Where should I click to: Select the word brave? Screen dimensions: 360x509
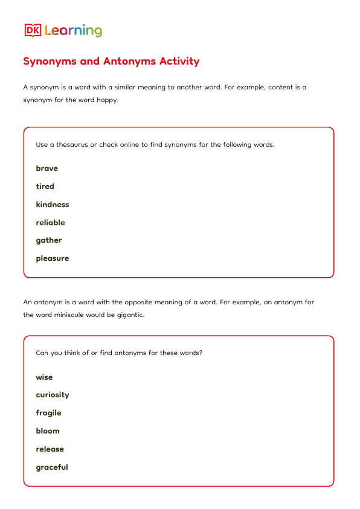(x=47, y=168)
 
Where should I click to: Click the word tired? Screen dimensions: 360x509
(x=45, y=187)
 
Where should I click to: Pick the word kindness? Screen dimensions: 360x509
(x=53, y=205)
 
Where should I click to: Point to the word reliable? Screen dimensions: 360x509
(x=50, y=223)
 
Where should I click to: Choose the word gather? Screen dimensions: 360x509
(x=49, y=240)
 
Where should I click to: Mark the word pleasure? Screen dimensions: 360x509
(x=53, y=258)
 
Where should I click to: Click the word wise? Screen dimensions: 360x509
(x=44, y=377)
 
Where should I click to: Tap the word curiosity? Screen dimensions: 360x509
(x=53, y=395)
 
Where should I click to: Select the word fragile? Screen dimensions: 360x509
(x=48, y=413)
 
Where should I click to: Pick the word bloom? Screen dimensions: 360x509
(x=48, y=431)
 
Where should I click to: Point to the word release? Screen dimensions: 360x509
(x=50, y=449)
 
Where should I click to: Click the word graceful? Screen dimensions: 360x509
(x=52, y=467)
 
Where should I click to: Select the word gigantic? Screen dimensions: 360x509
(x=129, y=315)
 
